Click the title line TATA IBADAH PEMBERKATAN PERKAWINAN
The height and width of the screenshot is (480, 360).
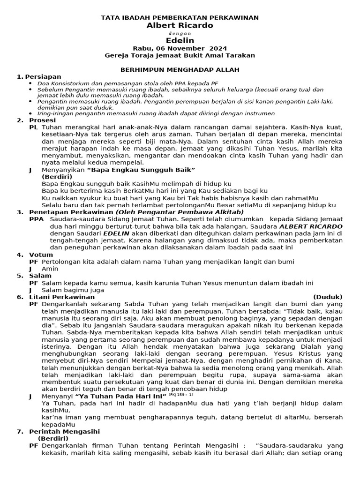180,18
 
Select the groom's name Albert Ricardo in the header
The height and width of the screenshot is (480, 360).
180,25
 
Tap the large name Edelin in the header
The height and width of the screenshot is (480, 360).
180,41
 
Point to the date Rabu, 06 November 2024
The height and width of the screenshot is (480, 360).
180,48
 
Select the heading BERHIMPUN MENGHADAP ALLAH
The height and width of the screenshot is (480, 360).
180,69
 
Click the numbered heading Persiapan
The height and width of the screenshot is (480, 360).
43,76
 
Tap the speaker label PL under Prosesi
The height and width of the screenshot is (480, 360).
34,127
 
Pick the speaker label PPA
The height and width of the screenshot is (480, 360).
36,219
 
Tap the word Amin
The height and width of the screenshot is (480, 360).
50,269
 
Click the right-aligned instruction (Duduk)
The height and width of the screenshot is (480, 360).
328,297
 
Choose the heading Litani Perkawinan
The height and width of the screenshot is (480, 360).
62,297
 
